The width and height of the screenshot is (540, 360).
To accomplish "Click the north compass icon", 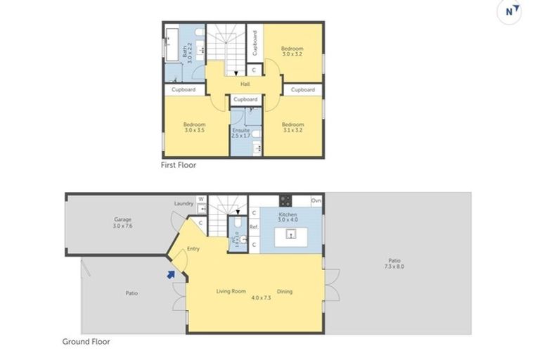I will pos(513,11).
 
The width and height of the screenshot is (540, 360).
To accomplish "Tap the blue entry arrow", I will pos(171,275).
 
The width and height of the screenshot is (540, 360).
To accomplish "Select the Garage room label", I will pos(123,222).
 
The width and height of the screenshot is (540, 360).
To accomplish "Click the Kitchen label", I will pos(288,214).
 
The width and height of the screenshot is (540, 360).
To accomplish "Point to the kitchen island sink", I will pos(288,236).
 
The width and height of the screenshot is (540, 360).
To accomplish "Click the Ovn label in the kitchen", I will pos(316,200).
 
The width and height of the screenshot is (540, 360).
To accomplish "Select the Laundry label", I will pos(184,204).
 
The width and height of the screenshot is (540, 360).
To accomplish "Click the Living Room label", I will pos(230,291).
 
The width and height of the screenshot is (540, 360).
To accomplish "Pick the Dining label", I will pos(285,291).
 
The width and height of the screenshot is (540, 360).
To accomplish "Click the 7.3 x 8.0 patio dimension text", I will pos(394,266).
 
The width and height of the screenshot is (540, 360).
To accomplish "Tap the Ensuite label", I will pos(240,130).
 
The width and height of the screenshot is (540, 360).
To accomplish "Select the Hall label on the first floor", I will pos(245,85).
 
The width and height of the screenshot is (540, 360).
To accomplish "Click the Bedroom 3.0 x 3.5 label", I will pos(195,127).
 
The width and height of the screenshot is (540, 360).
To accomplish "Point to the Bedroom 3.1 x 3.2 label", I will pos(292,127).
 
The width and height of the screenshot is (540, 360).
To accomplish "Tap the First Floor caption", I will pos(179,166).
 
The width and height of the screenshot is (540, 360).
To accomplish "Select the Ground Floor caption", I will pos(86,342).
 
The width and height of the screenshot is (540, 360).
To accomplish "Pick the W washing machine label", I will pos(202,200).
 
